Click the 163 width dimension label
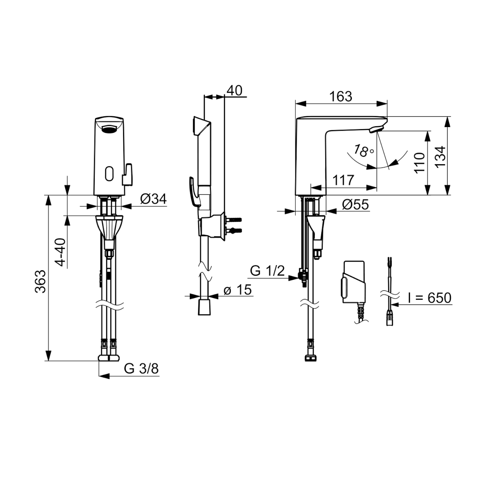[341, 97]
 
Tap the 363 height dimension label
[40, 282]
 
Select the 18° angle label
[363, 151]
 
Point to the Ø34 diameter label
[153, 198]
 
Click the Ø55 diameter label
[356, 205]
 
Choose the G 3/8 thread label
[141, 369]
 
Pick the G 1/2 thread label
[267, 271]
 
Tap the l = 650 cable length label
[430, 298]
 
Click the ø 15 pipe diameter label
[238, 290]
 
